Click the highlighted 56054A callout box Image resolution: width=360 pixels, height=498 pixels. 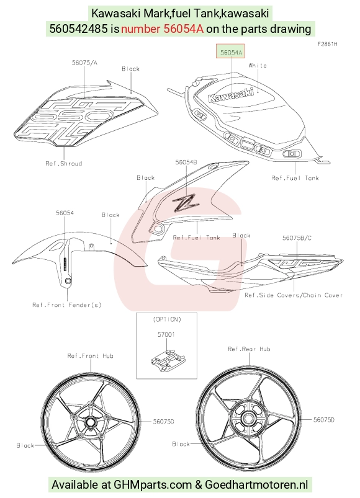pyautogui.click(x=230, y=51)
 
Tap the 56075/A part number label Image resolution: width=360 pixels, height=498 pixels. pyautogui.click(x=84, y=63)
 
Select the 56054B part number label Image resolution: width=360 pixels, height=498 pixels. pyautogui.click(x=186, y=162)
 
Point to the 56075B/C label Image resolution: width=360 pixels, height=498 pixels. pyautogui.click(x=297, y=238)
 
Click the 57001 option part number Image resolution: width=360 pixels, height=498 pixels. pyautogui.click(x=166, y=334)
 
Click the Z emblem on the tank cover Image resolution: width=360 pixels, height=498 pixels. pyautogui.click(x=186, y=203)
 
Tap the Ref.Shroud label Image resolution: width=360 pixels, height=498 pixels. pyautogui.click(x=63, y=164)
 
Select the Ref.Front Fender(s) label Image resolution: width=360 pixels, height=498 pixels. pyautogui.click(x=67, y=305)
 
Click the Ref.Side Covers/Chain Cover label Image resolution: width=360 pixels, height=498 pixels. pyautogui.click(x=294, y=295)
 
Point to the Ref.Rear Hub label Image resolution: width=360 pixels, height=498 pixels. pyautogui.click(x=249, y=349)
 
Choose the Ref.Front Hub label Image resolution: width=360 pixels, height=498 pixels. pyautogui.click(x=90, y=356)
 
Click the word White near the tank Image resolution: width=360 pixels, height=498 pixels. pyautogui.click(x=258, y=65)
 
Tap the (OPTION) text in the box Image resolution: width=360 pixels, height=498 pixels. pyautogui.click(x=167, y=319)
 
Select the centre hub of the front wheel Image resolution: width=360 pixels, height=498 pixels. pyautogui.click(x=90, y=422)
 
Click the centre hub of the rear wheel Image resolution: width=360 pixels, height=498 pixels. pyautogui.click(x=248, y=418)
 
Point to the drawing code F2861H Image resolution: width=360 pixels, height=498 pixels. pyautogui.click(x=328, y=44)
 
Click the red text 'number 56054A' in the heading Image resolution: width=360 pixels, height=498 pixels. pyautogui.click(x=162, y=29)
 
